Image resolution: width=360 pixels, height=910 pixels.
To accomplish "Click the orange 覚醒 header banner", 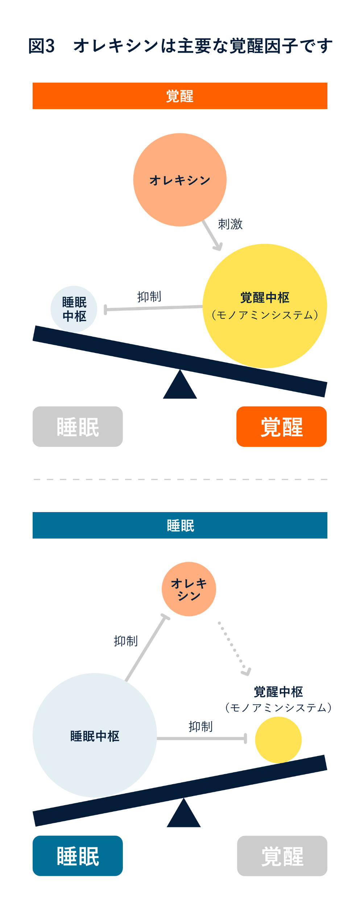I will tap(180, 96).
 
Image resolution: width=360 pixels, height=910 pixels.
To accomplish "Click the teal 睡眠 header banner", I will tap(180, 525).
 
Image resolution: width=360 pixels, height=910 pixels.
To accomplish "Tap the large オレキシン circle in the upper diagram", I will tap(180, 180).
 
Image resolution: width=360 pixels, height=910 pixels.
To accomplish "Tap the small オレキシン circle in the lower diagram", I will tap(189, 589).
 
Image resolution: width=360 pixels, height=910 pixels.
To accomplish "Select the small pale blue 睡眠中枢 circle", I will tap(74, 309).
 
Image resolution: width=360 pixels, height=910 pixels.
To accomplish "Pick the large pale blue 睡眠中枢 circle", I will tap(95, 736).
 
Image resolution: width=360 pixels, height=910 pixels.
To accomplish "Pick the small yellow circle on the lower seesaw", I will tap(278, 740).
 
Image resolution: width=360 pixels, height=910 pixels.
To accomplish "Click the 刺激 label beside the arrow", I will tap(230, 224).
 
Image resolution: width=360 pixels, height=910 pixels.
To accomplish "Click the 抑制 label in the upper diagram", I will tap(149, 297).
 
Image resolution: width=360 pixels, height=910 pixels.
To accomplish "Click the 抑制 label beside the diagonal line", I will tap(125, 641).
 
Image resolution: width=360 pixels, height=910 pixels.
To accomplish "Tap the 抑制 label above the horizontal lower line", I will tap(200, 727).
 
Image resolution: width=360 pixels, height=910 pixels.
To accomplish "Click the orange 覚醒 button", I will tap(281, 427).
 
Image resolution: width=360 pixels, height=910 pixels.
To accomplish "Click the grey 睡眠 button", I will tap(78, 427).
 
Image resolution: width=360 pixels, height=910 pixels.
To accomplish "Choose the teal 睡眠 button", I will tap(78, 856).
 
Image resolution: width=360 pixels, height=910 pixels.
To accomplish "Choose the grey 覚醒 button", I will tap(282, 856).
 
